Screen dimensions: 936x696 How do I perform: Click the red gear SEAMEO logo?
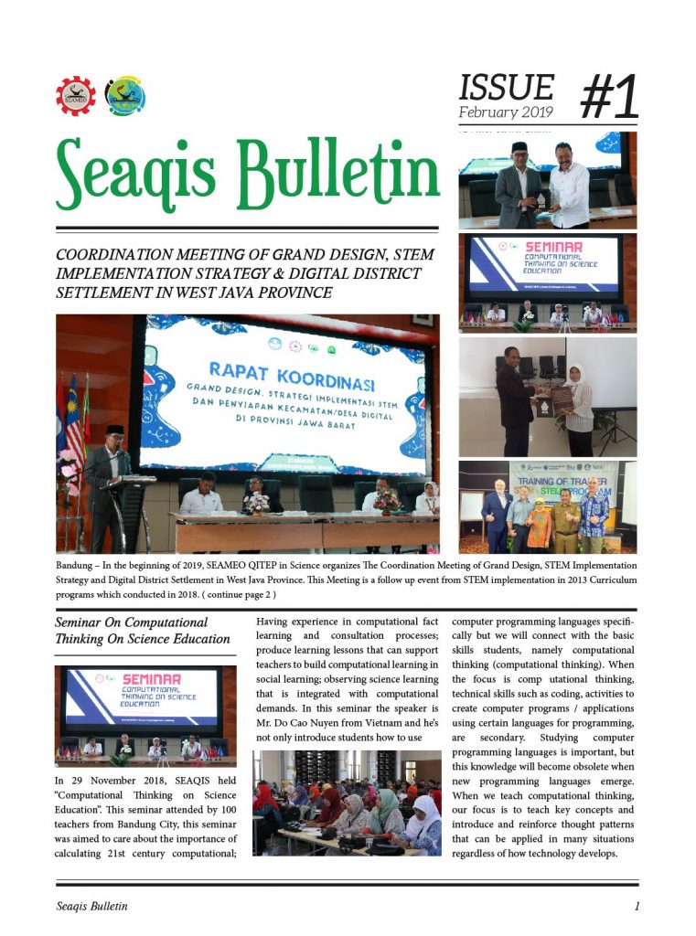point(75,96)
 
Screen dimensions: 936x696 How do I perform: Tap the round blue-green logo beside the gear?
point(125,96)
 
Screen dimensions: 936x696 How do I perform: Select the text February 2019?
point(506,113)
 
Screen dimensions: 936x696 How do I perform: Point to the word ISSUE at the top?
point(506,87)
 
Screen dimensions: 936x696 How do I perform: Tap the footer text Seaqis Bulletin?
point(91,907)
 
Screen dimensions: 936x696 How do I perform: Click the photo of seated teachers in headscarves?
point(346,803)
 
